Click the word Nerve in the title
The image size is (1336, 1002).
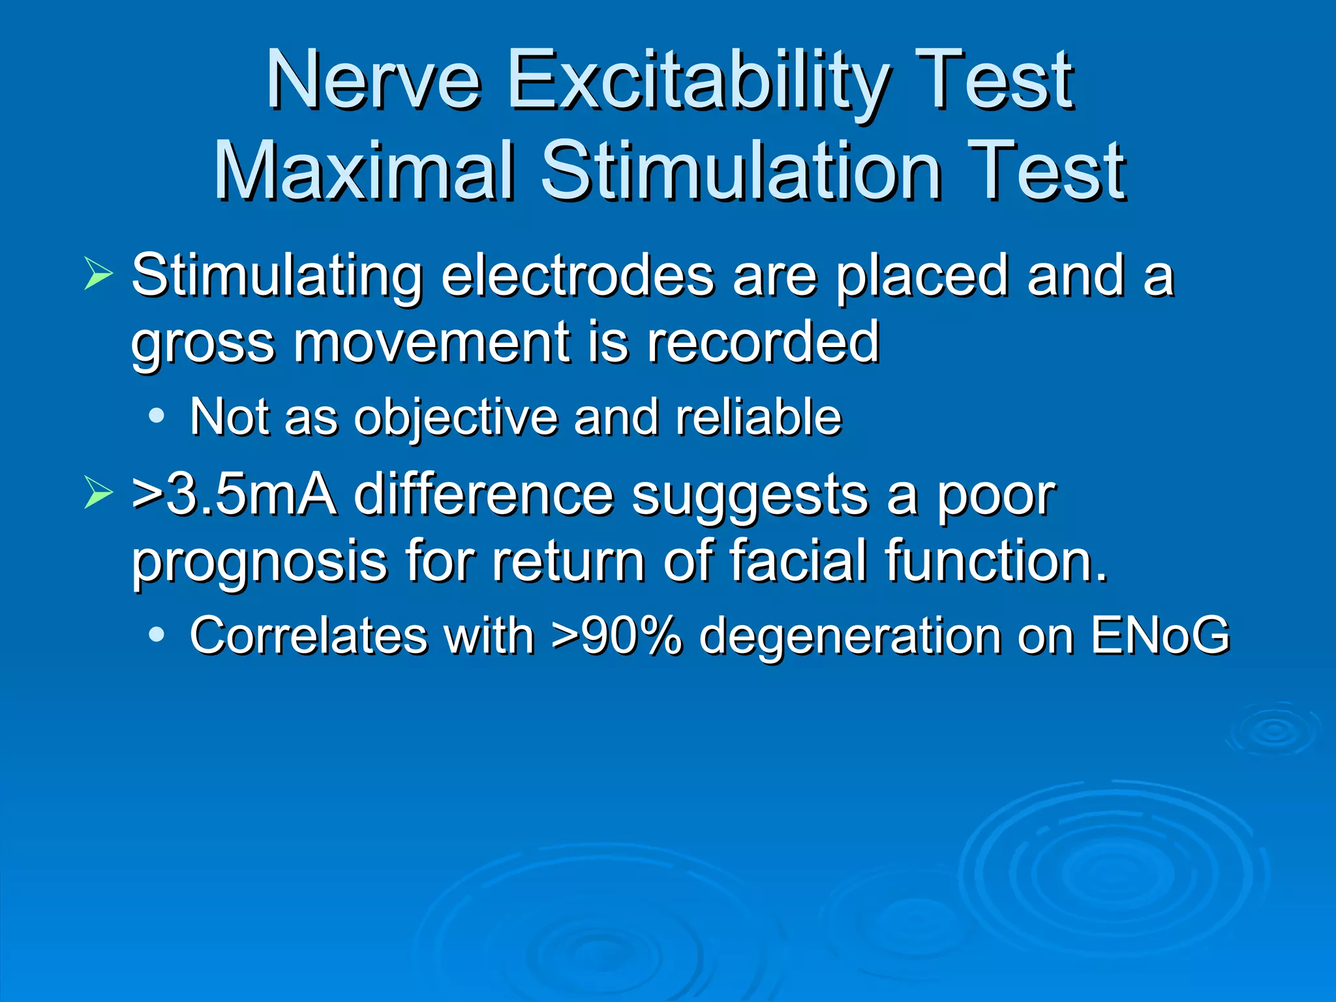pos(373,82)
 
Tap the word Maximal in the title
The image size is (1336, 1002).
pos(365,171)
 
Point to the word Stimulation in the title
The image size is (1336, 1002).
pos(741,171)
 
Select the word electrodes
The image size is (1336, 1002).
pos(577,277)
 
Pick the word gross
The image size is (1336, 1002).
pos(203,344)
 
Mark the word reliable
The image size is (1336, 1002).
pos(759,417)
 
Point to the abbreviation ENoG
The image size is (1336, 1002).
pos(1160,635)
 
